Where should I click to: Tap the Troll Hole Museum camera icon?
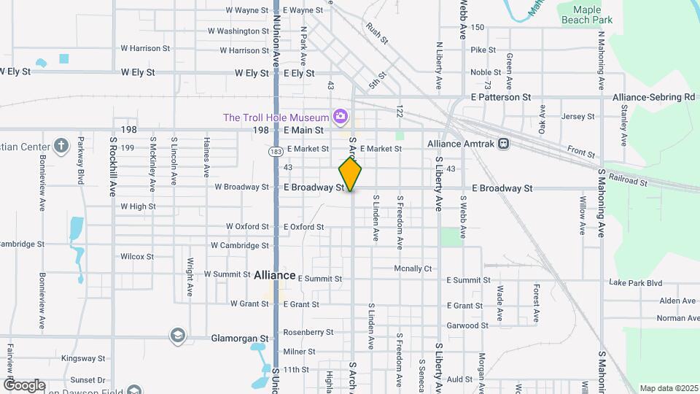click(339, 117)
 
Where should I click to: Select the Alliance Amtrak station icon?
click(504, 144)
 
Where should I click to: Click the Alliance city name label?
click(274, 276)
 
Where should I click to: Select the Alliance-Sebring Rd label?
click(653, 97)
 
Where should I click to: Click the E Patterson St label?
click(500, 97)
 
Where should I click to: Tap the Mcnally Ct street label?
click(413, 269)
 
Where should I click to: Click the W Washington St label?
click(238, 31)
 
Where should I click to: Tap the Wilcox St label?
click(137, 257)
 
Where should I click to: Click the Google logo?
click(24, 385)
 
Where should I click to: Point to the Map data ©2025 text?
click(669, 388)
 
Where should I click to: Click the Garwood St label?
click(467, 325)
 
